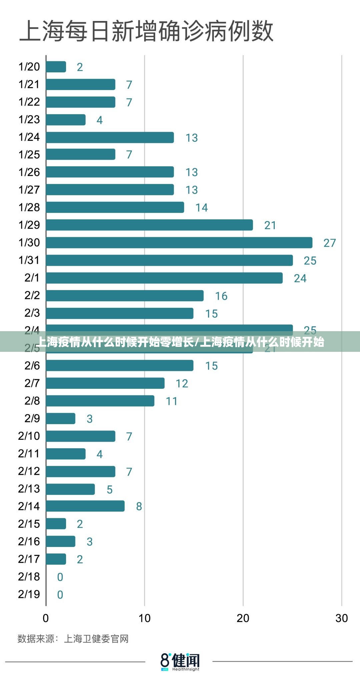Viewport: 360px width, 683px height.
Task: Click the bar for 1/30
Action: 179,242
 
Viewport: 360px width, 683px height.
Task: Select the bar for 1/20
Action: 56,67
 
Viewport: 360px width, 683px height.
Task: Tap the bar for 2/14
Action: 85,506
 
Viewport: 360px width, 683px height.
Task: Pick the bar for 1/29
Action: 149,225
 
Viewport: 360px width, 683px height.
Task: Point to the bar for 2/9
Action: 61,418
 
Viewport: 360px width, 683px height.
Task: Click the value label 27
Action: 329,243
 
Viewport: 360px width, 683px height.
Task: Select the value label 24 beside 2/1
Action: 300,278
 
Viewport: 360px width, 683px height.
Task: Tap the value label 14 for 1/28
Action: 201,207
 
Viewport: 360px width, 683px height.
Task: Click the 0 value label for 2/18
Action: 60,577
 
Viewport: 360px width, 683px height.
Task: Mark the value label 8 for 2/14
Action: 139,506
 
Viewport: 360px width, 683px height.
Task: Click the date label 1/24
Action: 29,137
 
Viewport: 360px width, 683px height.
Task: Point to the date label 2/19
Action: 29,594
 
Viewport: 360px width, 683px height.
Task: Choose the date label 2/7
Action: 32,383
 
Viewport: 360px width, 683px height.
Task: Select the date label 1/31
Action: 29,260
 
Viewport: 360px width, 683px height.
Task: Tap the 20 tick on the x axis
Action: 243,618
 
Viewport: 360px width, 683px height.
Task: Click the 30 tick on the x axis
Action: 341,618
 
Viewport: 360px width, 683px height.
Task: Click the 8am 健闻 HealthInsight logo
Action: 180,662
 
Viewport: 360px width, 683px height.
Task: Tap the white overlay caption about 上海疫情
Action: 180,342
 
